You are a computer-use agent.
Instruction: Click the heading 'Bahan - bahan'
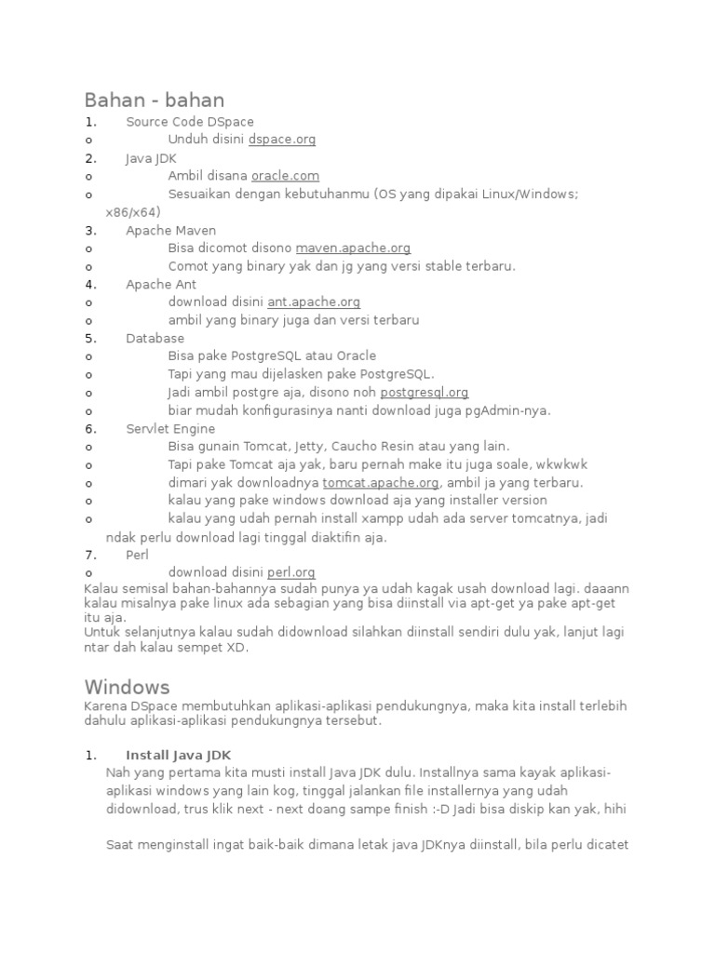pos(155,100)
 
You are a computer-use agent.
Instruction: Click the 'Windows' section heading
pos(128,687)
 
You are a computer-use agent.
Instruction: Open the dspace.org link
pos(282,140)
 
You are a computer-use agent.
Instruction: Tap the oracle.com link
pos(285,176)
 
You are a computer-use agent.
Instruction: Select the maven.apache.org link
pos(353,248)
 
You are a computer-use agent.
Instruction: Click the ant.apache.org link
pos(314,302)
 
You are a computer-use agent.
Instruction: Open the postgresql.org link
pos(424,393)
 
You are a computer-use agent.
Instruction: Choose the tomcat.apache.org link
pos(381,483)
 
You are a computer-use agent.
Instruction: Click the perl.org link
pos(291,573)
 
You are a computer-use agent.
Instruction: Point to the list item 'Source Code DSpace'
pos(190,122)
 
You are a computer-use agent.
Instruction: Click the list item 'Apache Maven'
pos(171,230)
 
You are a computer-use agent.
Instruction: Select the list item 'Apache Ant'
pos(161,285)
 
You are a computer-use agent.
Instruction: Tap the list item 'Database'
pos(155,339)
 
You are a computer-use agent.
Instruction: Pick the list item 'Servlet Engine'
pos(170,429)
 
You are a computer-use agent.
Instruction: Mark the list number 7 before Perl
pos(89,555)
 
